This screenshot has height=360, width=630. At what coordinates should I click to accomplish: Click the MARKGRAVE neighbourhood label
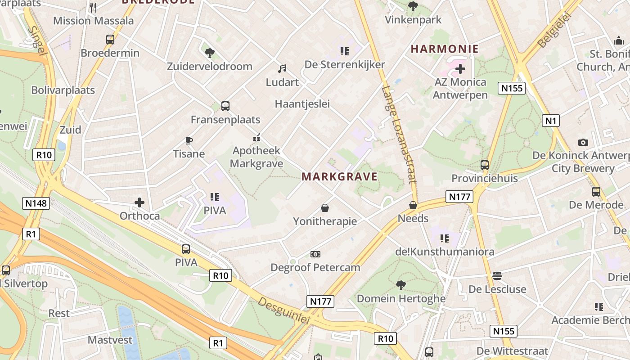click(x=340, y=176)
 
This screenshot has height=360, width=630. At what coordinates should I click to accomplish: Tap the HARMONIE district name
click(x=445, y=49)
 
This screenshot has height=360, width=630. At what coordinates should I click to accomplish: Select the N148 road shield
click(x=36, y=203)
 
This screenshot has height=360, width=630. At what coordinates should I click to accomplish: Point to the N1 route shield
click(x=551, y=121)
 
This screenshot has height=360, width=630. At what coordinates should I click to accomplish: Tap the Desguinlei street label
click(x=284, y=310)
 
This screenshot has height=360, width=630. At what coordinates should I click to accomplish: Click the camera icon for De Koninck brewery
click(x=583, y=143)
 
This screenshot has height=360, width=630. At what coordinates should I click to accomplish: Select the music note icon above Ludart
click(x=282, y=69)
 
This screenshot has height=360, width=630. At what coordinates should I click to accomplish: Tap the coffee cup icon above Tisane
click(x=189, y=141)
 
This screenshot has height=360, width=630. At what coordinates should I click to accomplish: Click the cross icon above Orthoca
click(x=140, y=202)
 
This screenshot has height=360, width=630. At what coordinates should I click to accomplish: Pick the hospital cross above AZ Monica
click(x=460, y=69)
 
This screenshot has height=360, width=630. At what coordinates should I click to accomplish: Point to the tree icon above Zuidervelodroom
click(x=209, y=53)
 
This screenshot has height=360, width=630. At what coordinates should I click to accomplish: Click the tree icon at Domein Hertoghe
click(x=400, y=285)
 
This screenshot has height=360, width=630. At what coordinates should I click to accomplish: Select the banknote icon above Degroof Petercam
click(x=315, y=254)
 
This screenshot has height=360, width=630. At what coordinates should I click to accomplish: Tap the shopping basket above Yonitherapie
click(x=325, y=208)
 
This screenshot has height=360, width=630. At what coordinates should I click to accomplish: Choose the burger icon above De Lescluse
click(x=497, y=275)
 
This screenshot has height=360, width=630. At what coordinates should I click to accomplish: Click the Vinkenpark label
click(x=414, y=20)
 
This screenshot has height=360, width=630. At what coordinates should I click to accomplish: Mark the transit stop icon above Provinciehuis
click(x=485, y=165)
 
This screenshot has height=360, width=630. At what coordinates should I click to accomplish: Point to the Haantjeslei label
click(x=302, y=104)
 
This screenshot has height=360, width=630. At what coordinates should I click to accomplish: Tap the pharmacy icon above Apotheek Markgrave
click(x=256, y=138)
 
